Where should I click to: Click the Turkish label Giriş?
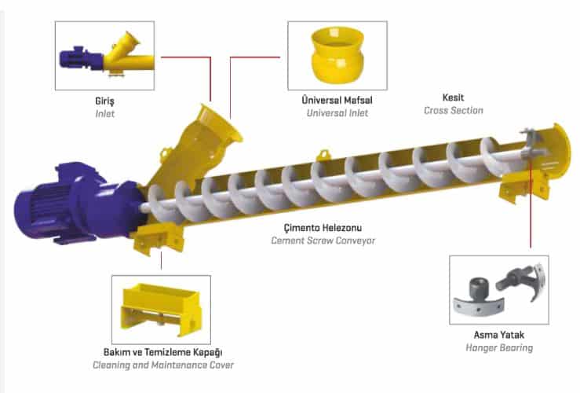pyautogui.click(x=104, y=101)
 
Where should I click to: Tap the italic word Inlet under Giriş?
pyautogui.click(x=105, y=114)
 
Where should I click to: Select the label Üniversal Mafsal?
pyautogui.click(x=337, y=100)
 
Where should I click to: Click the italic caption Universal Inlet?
pyautogui.click(x=337, y=113)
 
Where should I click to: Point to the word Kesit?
pyautogui.click(x=453, y=97)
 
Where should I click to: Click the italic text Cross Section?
pyautogui.click(x=454, y=110)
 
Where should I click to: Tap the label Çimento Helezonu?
pyautogui.click(x=323, y=227)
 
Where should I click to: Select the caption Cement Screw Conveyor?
pyautogui.click(x=323, y=241)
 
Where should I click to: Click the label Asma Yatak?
pyautogui.click(x=499, y=335)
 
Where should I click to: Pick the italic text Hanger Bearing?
pyautogui.click(x=499, y=348)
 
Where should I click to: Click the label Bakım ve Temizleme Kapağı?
pyautogui.click(x=162, y=352)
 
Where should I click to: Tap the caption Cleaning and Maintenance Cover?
pyautogui.click(x=163, y=365)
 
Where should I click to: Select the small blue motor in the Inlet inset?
pyautogui.click(x=81, y=58)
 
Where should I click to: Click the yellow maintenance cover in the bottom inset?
pyautogui.click(x=162, y=308)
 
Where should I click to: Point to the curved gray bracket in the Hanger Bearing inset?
pyautogui.click(x=479, y=305)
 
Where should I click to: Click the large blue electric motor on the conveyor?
pyautogui.click(x=78, y=203)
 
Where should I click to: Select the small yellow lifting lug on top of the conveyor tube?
pyautogui.click(x=323, y=154)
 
